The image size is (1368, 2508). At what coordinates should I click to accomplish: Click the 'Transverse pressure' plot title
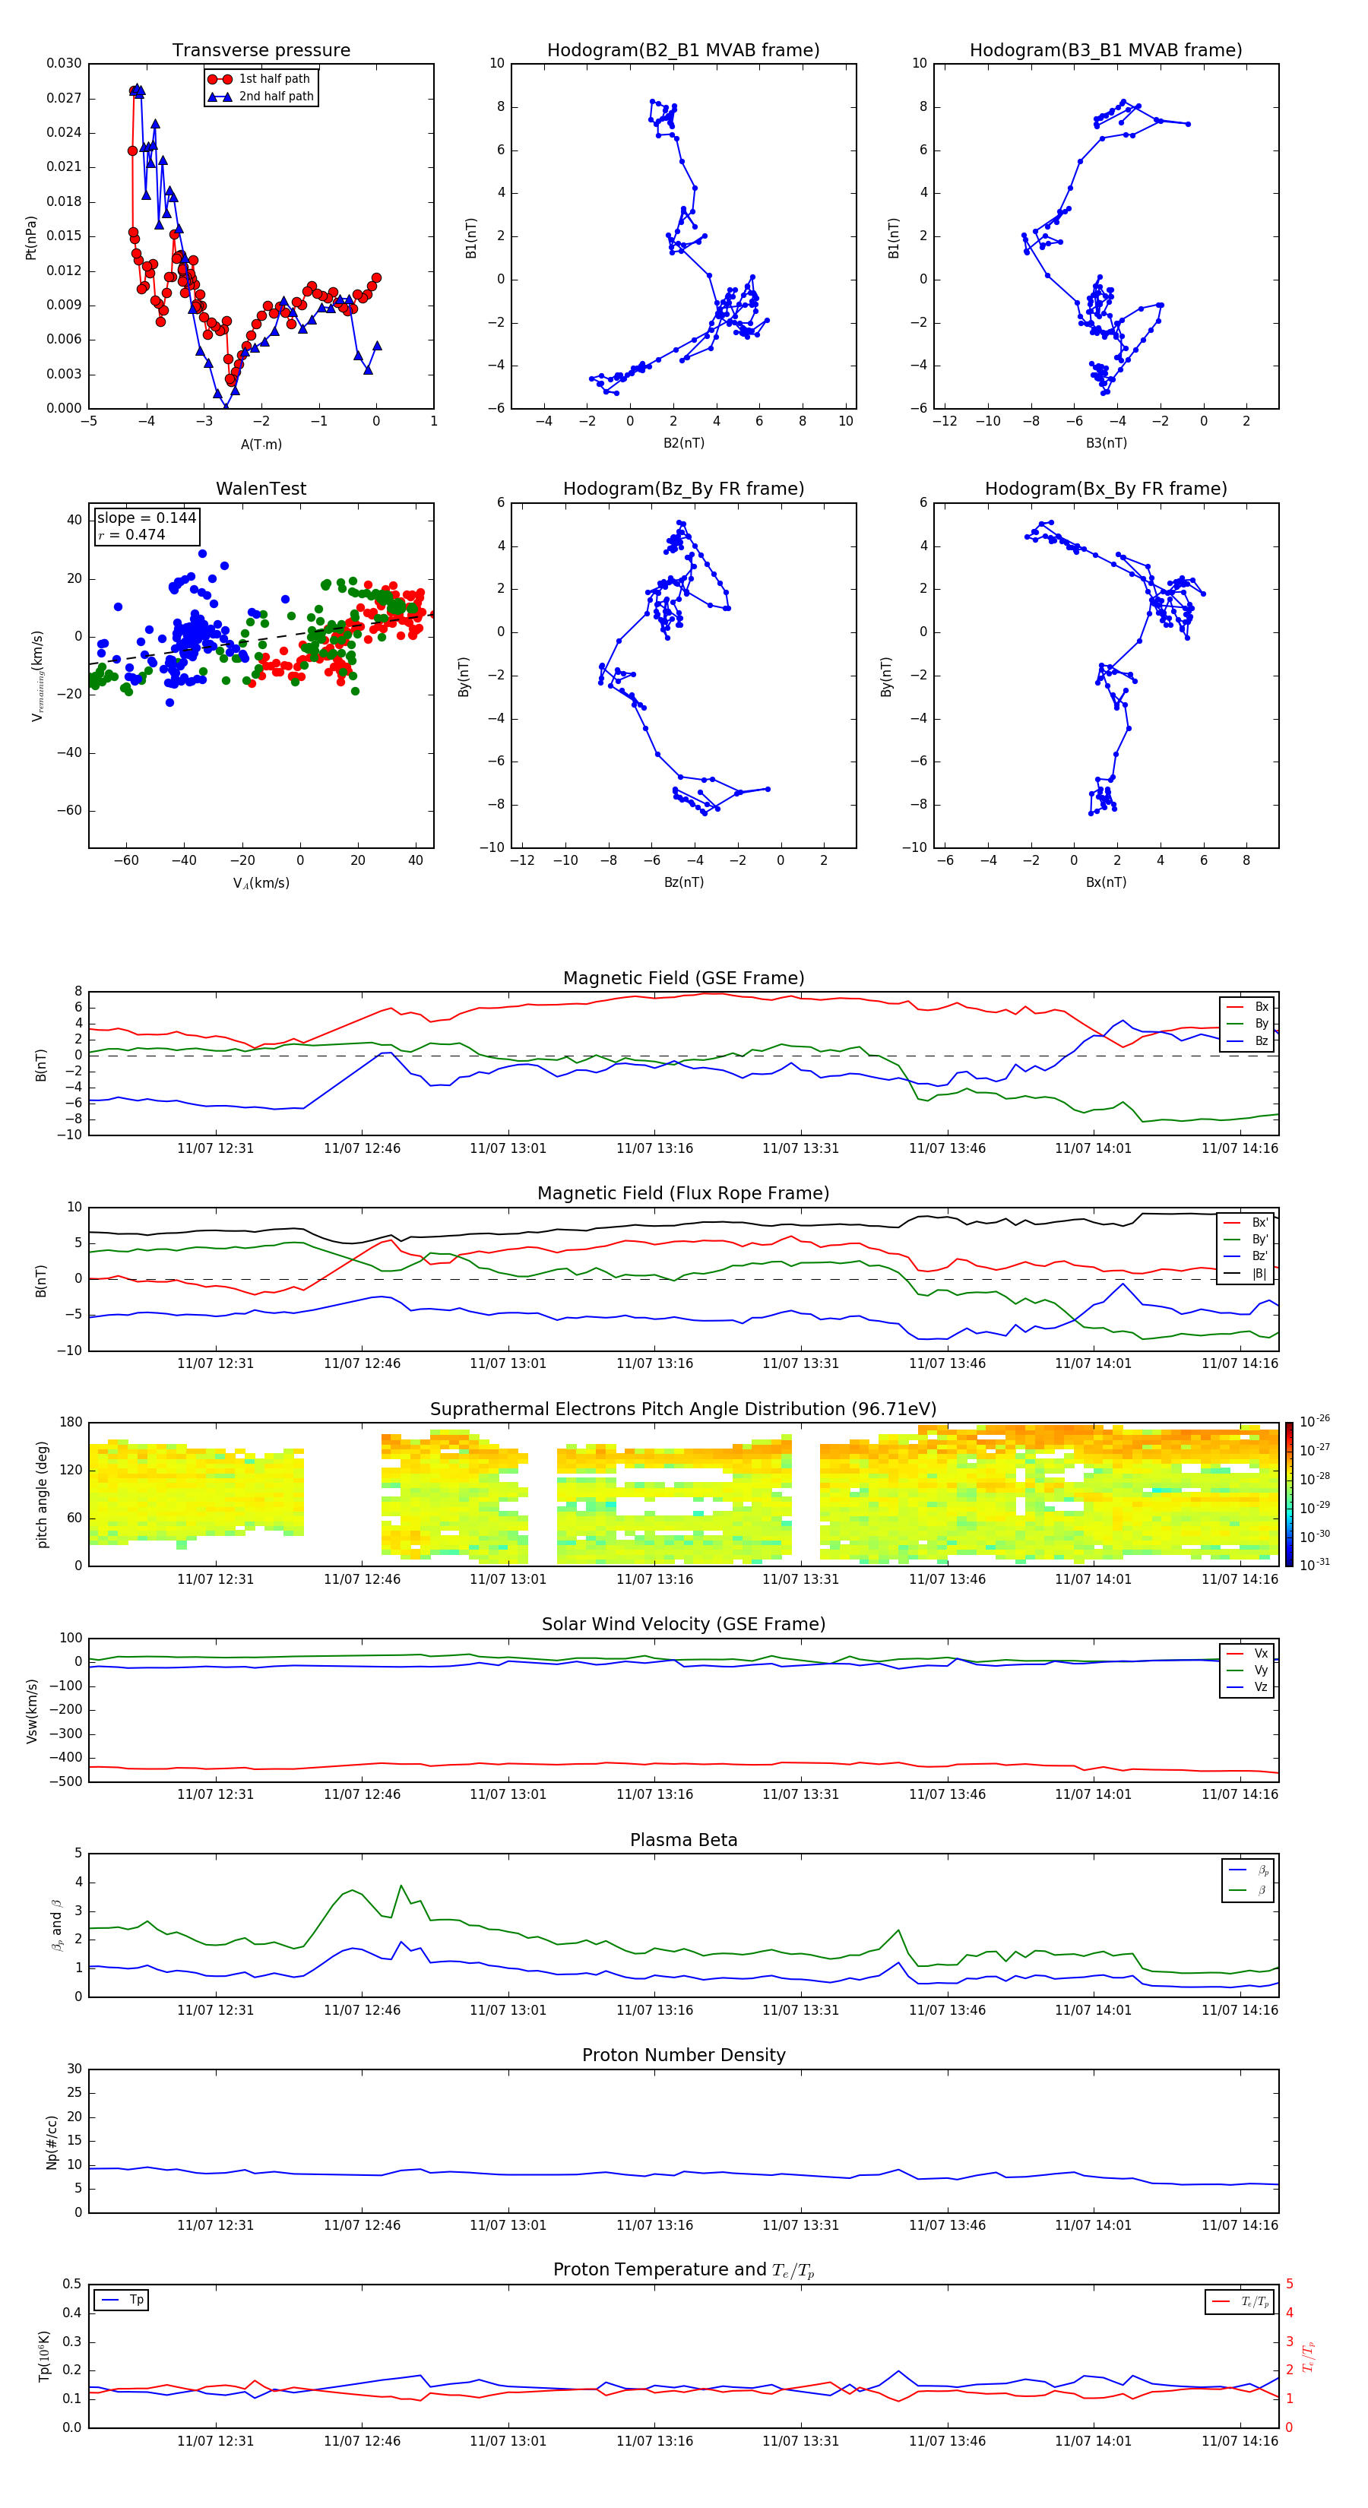point(261,51)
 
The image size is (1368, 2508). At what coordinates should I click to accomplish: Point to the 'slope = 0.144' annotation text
point(146,518)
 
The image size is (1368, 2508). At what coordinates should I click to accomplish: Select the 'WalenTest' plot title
point(261,489)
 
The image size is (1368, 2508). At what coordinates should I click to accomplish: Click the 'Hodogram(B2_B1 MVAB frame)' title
point(682,51)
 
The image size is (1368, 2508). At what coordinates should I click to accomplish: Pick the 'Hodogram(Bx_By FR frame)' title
point(1105,489)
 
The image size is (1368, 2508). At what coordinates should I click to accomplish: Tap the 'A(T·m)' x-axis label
point(261,444)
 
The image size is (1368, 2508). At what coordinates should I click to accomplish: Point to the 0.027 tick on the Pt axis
point(65,98)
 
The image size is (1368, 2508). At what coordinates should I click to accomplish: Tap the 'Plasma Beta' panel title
point(683,1840)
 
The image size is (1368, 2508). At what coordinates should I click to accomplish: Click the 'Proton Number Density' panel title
point(683,2055)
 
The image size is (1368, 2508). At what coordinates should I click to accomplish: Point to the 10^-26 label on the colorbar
point(1315,1421)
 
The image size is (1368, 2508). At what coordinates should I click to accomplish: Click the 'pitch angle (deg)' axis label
point(42,1494)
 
